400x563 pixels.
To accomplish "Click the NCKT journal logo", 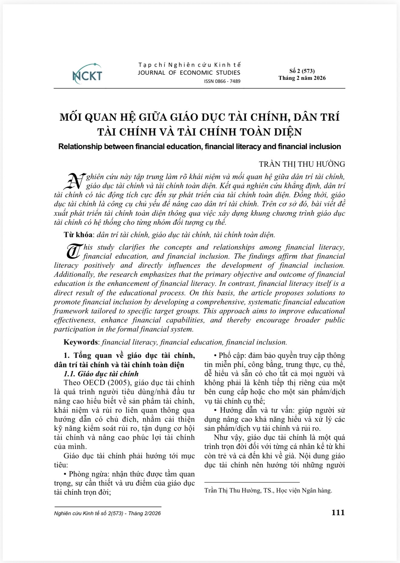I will coord(87,74).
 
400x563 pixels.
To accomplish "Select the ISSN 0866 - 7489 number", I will coord(222,81).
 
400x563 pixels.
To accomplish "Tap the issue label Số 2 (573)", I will coord(302,71).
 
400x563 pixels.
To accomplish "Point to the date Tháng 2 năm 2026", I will coord(302,78).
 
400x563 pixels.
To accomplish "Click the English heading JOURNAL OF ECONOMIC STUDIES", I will coord(189,73).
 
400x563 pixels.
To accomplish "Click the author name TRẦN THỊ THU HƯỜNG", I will coord(302,164).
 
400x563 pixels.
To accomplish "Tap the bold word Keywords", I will coord(80,342).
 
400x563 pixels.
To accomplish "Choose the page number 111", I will coord(338,512).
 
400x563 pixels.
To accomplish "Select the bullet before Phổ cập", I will coord(216,356).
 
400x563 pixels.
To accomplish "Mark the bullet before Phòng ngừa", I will coord(65,474).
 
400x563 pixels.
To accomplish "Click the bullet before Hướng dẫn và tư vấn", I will coord(216,411).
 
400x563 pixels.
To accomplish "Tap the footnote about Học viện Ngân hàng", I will coord(268,490).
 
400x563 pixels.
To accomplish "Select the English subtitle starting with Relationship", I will coord(199,147).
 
